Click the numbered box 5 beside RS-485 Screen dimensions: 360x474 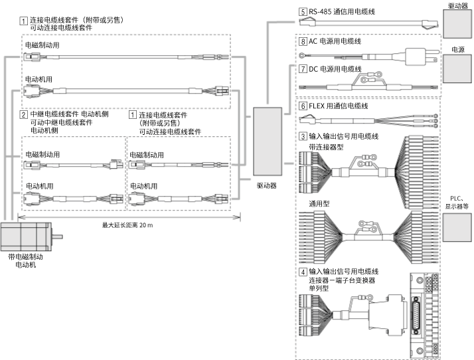[x=303, y=11]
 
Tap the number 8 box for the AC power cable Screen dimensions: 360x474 [x=303, y=41]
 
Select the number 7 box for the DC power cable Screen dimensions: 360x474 [x=303, y=68]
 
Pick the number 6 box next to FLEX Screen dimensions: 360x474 [x=303, y=106]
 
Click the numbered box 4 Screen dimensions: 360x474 [x=303, y=272]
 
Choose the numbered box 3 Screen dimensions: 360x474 [x=303, y=136]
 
